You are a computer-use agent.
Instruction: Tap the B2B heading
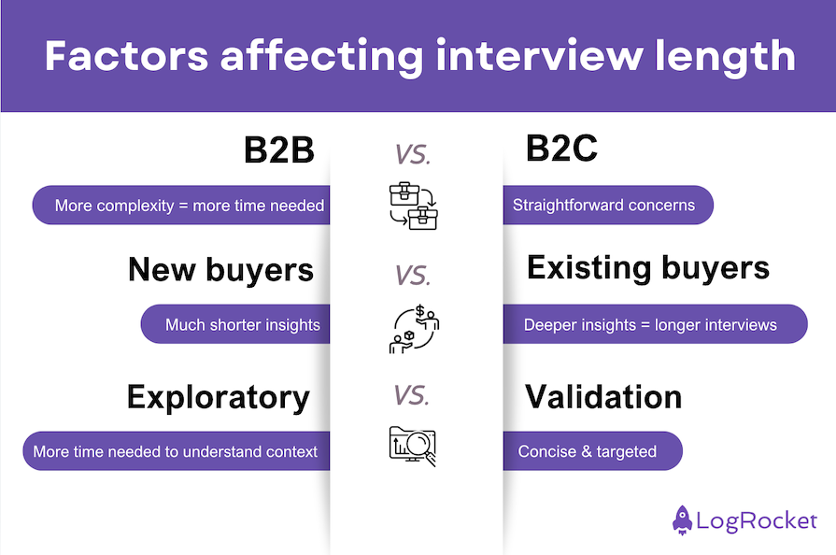(278, 149)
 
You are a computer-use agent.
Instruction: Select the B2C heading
(561, 149)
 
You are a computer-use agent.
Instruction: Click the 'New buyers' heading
(220, 270)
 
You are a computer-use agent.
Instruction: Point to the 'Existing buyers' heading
(648, 268)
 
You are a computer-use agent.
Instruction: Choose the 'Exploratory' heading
(218, 397)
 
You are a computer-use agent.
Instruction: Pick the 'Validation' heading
(603, 396)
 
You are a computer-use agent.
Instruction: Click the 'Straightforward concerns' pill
(604, 206)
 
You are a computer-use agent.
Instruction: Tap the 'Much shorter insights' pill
(241, 325)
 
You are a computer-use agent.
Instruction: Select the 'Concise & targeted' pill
(588, 452)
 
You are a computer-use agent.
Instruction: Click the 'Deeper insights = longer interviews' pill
(650, 325)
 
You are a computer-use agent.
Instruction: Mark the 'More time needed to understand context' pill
(175, 452)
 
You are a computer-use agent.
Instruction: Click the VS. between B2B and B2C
(412, 155)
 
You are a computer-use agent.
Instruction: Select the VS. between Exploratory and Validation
(412, 395)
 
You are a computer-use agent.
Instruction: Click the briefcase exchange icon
(413, 206)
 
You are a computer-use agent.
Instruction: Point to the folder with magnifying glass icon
(413, 446)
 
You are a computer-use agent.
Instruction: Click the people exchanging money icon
(413, 329)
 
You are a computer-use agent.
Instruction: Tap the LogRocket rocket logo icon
(683, 519)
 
